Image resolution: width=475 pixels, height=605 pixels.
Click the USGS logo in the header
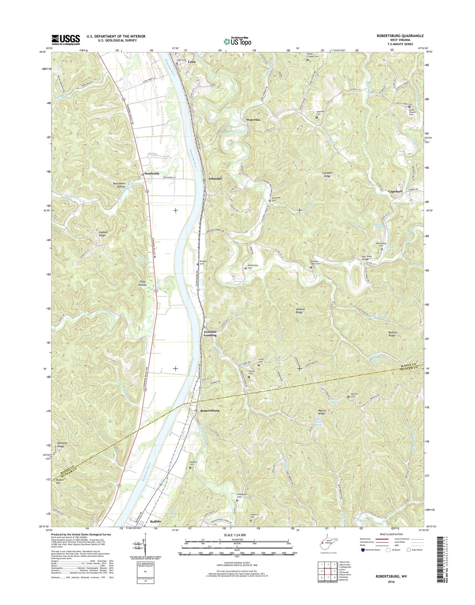66,40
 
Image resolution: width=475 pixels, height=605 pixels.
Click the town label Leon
192,62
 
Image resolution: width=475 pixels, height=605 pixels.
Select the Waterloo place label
253,120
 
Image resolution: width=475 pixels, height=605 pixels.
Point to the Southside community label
152,173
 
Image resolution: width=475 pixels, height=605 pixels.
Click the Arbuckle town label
215,178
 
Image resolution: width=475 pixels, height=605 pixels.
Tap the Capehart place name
395,191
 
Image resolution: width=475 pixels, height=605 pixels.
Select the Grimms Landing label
210,333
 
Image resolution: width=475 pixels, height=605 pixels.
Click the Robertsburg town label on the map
210,410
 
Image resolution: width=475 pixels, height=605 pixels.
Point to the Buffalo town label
155,521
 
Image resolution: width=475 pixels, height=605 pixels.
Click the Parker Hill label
60,482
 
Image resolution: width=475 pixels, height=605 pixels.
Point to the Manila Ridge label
321,412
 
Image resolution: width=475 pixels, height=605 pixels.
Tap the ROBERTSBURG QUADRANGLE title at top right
400,36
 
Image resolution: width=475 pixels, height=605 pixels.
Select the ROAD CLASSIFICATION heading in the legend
385,534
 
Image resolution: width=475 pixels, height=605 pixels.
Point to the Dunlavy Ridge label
62,445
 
